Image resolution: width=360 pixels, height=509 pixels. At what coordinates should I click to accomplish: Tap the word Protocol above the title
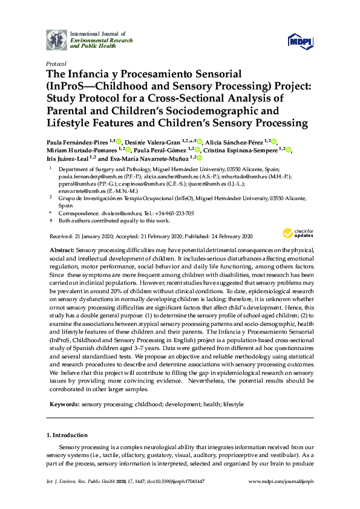pos(56,63)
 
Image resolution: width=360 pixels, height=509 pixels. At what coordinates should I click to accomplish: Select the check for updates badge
pos(298,233)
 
